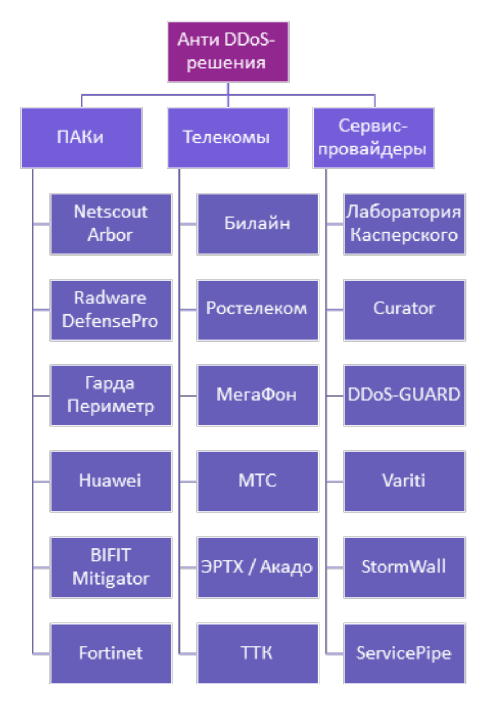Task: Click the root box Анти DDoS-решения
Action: (228, 52)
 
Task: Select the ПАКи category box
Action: (82, 138)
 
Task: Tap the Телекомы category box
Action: (228, 138)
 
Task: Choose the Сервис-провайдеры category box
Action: (374, 138)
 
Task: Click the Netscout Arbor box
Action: (111, 224)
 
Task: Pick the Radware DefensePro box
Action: (111, 310)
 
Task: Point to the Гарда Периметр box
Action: (111, 396)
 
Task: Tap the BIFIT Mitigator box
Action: (111, 567)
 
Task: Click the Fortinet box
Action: (111, 653)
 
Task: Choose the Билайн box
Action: (257, 224)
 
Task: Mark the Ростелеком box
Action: (257, 310)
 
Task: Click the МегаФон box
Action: (257, 396)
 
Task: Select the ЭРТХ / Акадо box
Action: (257, 567)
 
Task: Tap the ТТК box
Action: (257, 653)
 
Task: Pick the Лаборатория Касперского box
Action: (404, 224)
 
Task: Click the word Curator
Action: (404, 309)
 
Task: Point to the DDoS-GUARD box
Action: (404, 396)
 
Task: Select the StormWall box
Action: (404, 567)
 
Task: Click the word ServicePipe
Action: (404, 653)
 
